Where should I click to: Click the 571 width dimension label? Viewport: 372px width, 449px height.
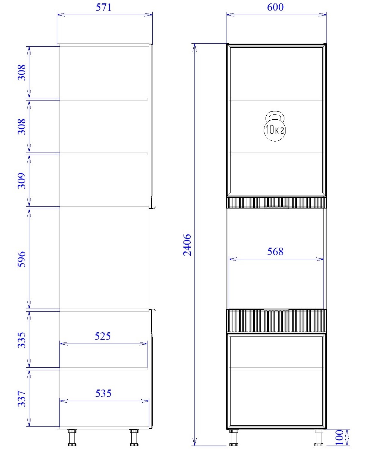click(x=103, y=7)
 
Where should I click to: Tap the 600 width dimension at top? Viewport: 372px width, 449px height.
click(x=275, y=7)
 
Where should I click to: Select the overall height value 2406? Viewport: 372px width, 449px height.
click(x=187, y=245)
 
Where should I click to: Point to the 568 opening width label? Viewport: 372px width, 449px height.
click(x=275, y=251)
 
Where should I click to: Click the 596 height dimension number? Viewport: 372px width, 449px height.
click(x=22, y=259)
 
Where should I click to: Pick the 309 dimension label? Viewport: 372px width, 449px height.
click(x=22, y=181)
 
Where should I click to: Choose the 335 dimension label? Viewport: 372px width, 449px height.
click(x=22, y=340)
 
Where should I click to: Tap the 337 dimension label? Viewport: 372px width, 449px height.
click(x=22, y=399)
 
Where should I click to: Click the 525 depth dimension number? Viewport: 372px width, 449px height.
click(x=103, y=336)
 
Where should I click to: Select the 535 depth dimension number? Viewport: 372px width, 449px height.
click(x=103, y=393)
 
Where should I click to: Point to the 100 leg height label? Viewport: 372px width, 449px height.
click(x=339, y=437)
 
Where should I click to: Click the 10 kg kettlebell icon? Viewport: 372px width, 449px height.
click(x=275, y=126)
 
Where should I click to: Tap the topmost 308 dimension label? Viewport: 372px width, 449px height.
click(x=22, y=72)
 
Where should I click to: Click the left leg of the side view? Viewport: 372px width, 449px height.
click(x=72, y=437)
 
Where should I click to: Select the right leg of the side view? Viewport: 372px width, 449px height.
click(x=134, y=437)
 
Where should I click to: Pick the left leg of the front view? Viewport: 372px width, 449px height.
click(x=234, y=437)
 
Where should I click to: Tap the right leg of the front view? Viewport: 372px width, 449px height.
click(x=319, y=437)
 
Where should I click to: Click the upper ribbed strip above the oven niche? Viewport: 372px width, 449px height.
click(x=276, y=203)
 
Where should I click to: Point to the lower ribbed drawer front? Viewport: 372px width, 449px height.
click(x=276, y=321)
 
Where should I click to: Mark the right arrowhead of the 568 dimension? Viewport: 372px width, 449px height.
click(x=320, y=259)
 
